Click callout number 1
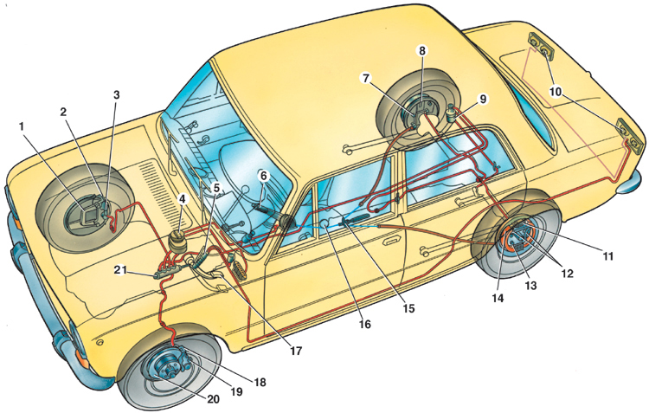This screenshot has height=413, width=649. [x=22, y=126]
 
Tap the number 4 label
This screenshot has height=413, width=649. [x=182, y=199]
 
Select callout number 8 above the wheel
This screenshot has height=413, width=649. [x=421, y=51]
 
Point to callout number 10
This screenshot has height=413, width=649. [x=555, y=92]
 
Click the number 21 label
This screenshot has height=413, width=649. [x=120, y=270]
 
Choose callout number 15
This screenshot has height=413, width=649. [x=408, y=308]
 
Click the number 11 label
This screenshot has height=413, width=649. [x=607, y=256]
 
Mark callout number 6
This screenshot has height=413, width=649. [x=264, y=176]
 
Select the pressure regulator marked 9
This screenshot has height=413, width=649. [x=453, y=112]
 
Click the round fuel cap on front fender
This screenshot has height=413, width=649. [x=99, y=343]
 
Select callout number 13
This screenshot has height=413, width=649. [x=530, y=286]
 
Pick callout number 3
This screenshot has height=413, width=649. [x=117, y=95]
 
